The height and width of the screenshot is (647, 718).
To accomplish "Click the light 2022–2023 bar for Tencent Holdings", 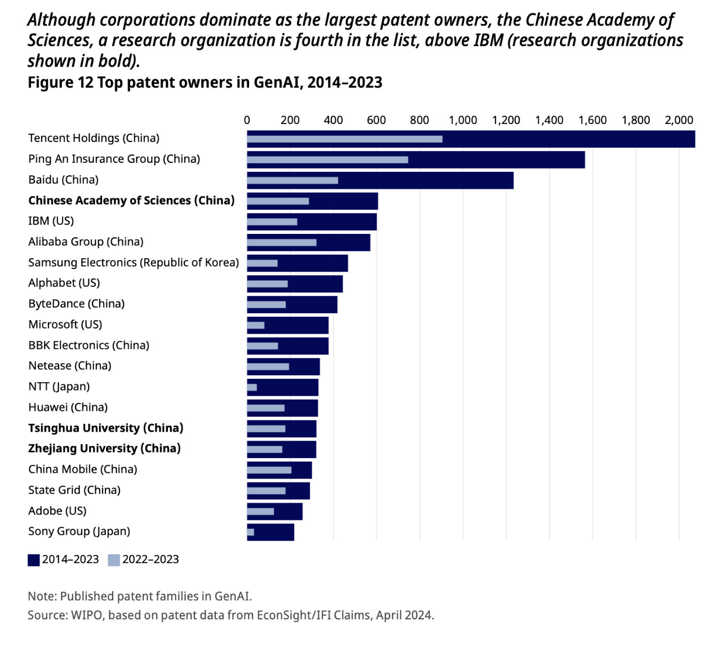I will [x=344, y=139].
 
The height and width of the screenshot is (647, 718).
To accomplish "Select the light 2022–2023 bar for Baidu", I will [x=292, y=180].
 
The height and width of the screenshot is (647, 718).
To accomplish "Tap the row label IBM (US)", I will [x=51, y=221].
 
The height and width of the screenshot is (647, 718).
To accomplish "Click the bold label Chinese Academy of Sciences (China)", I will [x=131, y=201].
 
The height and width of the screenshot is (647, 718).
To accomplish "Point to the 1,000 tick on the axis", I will [x=463, y=120].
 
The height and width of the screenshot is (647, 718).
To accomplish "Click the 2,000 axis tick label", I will [x=679, y=120].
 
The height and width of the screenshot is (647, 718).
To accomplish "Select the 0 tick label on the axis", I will [x=247, y=120].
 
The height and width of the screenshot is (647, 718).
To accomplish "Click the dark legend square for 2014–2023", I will [x=34, y=560].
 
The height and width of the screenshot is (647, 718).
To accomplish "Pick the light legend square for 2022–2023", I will [x=114, y=560].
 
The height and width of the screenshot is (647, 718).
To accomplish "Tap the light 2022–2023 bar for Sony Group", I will [x=251, y=532].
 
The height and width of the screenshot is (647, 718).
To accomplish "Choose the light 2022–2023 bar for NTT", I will [x=252, y=387].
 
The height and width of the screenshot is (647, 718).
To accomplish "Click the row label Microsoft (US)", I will [x=65, y=325].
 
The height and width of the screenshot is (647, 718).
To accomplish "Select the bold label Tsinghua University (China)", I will [x=106, y=428].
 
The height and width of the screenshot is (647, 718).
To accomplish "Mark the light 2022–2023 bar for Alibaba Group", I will [x=282, y=242].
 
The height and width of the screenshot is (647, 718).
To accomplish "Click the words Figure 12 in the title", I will [x=60, y=83].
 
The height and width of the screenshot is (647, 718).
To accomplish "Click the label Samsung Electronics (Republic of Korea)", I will [x=134, y=263].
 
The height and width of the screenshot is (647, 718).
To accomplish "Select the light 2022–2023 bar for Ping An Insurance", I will [x=327, y=159].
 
